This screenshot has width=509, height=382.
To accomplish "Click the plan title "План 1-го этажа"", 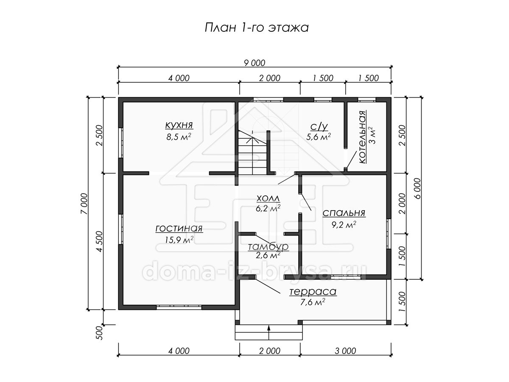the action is point(257,28).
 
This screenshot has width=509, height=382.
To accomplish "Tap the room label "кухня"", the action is point(179,125).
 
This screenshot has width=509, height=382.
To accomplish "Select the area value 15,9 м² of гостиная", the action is point(179,239).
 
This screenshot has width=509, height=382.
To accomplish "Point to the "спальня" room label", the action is point(344,213).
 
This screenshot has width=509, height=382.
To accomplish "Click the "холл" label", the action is point(268,199).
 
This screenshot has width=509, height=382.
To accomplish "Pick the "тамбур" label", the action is point(268,247).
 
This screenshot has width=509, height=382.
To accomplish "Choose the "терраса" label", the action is point(313,292).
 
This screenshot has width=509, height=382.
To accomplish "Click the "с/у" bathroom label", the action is point(319,126).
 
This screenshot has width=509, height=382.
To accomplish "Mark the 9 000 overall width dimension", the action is point(255,63).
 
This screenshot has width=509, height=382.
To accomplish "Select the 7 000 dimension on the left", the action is point(84,204).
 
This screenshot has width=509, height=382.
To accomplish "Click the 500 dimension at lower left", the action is point(99,333).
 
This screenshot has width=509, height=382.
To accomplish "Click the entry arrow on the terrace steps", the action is point(269,333).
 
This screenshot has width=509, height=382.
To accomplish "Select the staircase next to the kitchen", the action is point(253,152).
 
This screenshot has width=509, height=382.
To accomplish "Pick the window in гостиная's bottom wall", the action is point(179,307).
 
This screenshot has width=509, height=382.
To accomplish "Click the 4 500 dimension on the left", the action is point(99,242).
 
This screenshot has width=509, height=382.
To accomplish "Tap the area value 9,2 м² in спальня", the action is point(344,225).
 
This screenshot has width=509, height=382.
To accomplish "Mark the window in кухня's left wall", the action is point(121,143).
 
